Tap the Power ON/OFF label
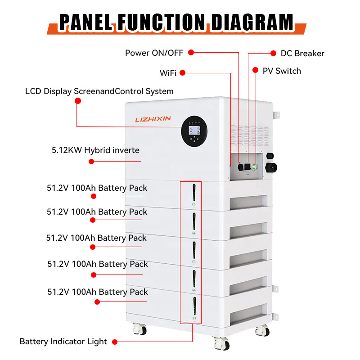point(154,53)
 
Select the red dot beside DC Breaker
point(273,53)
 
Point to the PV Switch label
point(282,71)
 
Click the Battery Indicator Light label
point(63,342)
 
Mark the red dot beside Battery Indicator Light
point(114,342)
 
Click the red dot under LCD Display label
point(77,102)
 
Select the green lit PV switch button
point(255,167)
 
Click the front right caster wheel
point(225,345)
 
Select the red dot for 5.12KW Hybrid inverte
point(91,161)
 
